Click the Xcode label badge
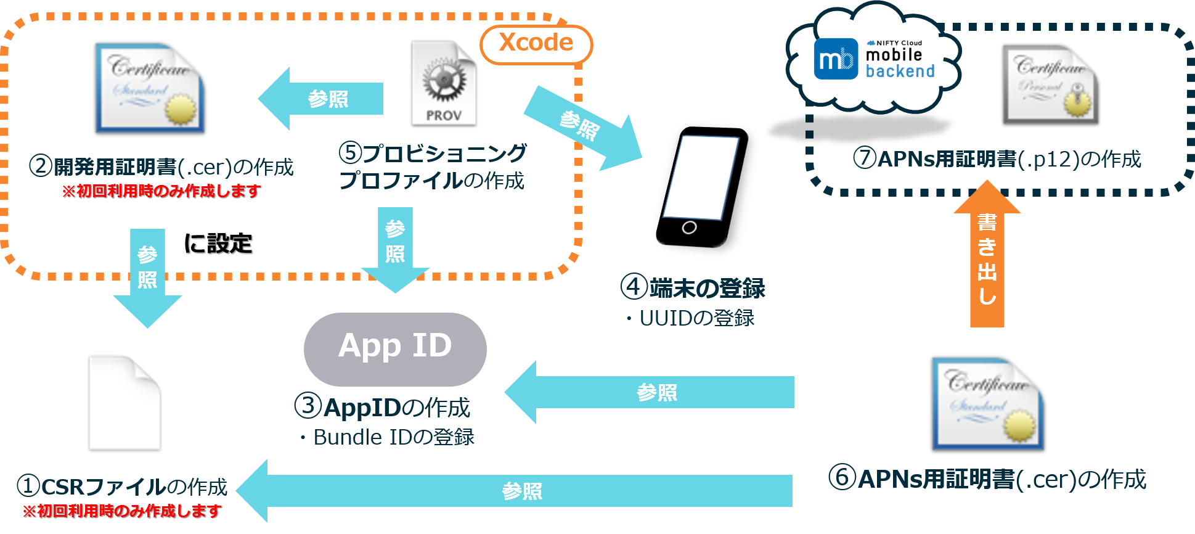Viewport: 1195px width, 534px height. point(536,44)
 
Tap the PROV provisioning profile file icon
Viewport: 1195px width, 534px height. point(444,83)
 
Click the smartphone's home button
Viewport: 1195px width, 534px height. point(689,228)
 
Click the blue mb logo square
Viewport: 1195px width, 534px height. point(836,59)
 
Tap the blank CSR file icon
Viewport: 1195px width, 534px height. point(124,402)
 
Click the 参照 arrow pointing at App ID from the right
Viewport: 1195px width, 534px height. point(650,392)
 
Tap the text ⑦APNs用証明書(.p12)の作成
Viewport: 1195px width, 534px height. point(997,159)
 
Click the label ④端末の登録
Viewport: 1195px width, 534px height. point(693,287)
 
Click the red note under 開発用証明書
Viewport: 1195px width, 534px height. point(161,191)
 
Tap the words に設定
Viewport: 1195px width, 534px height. point(218,244)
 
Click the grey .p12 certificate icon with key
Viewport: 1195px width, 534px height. point(1050,85)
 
